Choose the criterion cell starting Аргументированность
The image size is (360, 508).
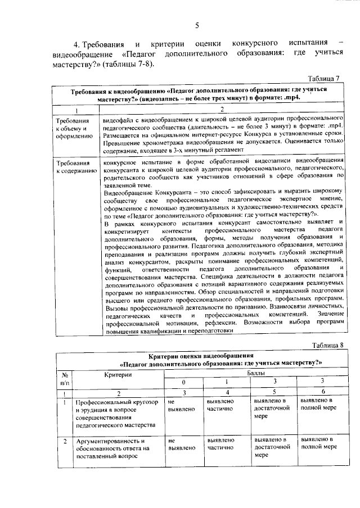pyautogui.click(x=112, y=449)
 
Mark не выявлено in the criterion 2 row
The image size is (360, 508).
pyautogui.click(x=180, y=444)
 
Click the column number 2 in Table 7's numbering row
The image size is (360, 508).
pyautogui.click(x=222, y=110)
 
